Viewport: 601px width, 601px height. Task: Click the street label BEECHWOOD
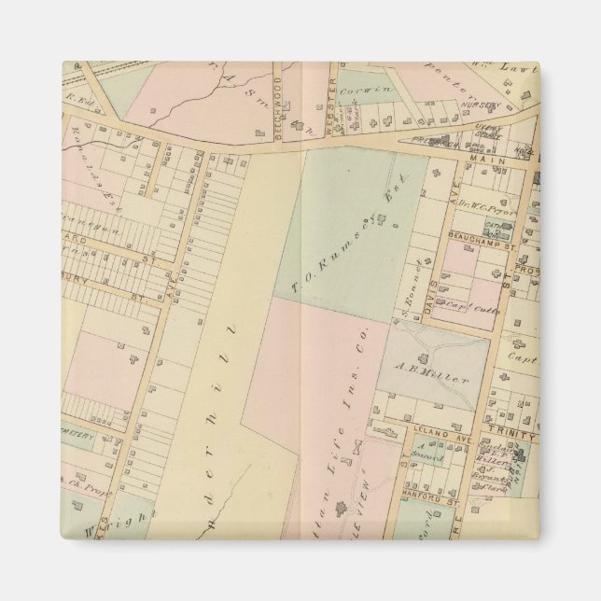pyautogui.click(x=278, y=116)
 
